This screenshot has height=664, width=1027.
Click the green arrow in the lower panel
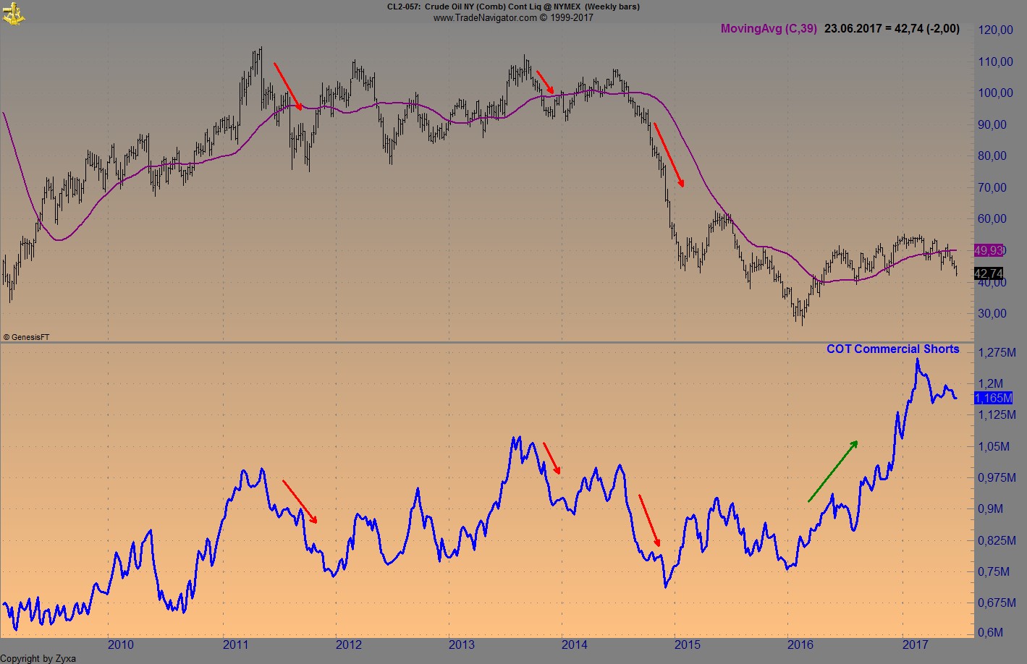click(x=833, y=471)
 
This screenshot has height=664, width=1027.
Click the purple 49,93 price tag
click(x=989, y=250)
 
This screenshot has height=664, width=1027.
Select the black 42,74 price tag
click(x=989, y=273)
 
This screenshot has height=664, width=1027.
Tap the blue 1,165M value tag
click(x=993, y=398)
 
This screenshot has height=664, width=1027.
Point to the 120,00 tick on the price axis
click(x=995, y=30)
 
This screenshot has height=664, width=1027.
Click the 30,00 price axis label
click(x=992, y=313)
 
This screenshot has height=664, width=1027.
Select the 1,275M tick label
click(x=995, y=352)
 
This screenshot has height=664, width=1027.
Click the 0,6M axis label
click(x=990, y=632)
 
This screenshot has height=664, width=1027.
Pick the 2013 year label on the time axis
click(x=461, y=644)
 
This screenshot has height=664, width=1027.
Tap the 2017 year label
click(x=916, y=644)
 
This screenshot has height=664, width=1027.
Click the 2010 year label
click(x=120, y=644)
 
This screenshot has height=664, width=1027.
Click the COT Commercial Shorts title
click(x=892, y=349)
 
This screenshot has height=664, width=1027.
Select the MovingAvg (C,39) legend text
click(x=769, y=29)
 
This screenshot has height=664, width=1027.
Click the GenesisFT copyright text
click(x=26, y=337)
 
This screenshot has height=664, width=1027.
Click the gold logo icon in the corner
click(x=13, y=12)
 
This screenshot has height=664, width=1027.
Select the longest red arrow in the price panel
click(x=669, y=155)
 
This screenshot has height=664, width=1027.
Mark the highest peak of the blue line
click(x=917, y=359)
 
